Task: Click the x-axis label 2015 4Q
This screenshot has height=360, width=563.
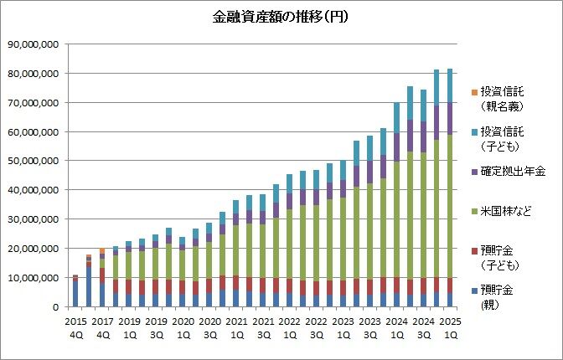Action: click(75, 326)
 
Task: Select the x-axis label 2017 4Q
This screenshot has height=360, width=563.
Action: click(101, 326)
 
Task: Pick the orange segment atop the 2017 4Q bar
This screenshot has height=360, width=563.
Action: click(101, 250)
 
